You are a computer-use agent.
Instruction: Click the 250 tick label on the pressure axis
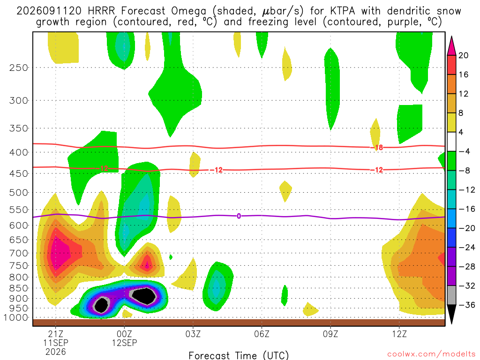pyautogui.click(x=19, y=67)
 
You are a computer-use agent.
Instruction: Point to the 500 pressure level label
pyautogui.click(x=19, y=193)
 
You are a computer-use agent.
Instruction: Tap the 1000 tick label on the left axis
pyautogui.click(x=16, y=318)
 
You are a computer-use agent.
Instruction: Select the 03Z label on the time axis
pyautogui.click(x=193, y=334)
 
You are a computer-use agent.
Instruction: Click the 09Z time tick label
pyautogui.click(x=330, y=334)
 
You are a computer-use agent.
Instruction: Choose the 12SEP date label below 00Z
pyautogui.click(x=124, y=343)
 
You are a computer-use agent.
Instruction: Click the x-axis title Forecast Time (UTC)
pyautogui.click(x=239, y=355)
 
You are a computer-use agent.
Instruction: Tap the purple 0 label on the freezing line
pyautogui.click(x=239, y=216)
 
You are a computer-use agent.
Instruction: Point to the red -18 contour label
pyautogui.click(x=379, y=148)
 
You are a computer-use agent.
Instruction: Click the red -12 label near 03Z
pyautogui.click(x=218, y=170)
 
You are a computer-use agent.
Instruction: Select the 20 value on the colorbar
pyautogui.click(x=463, y=55)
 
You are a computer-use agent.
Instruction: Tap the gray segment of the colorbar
pyautogui.click(x=451, y=295)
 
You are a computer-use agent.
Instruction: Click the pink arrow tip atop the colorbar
pyautogui.click(x=451, y=37)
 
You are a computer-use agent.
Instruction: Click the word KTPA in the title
pyautogui.click(x=343, y=11)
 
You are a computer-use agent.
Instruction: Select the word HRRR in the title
pyautogui.click(x=101, y=11)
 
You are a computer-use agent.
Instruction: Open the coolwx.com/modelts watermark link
pyautogui.click(x=431, y=354)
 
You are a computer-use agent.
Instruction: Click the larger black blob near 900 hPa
pyautogui.click(x=146, y=296)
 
